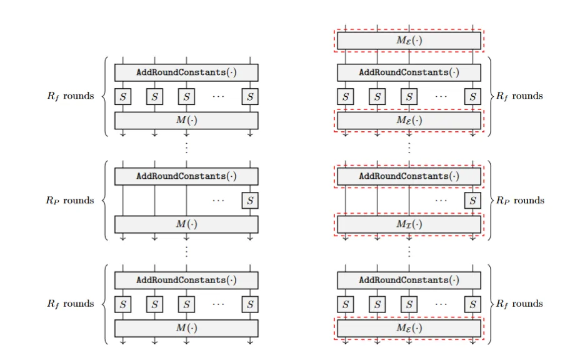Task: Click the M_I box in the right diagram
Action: [x=409, y=224]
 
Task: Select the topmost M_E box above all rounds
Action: [x=409, y=41]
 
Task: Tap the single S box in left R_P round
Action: [x=250, y=200]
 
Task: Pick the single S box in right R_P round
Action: [x=472, y=200]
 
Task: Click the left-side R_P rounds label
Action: [x=70, y=201]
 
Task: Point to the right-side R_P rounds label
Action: [x=519, y=201]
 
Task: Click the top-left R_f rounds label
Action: [x=70, y=96]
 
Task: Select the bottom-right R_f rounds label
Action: [x=519, y=304]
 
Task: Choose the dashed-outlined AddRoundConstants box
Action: [x=409, y=176]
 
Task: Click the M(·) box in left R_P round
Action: [x=186, y=224]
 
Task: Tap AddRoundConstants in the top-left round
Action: [x=186, y=72]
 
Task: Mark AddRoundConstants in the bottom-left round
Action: [x=186, y=281]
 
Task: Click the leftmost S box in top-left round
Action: [x=122, y=96]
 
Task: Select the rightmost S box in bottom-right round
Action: [x=472, y=304]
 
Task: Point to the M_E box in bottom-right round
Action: [x=409, y=328]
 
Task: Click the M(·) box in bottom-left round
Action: [x=186, y=328]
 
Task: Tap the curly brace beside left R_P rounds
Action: [x=103, y=201]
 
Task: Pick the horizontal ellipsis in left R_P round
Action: [x=218, y=201]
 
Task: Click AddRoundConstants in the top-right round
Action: [x=409, y=72]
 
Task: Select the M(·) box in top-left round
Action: [x=186, y=120]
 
